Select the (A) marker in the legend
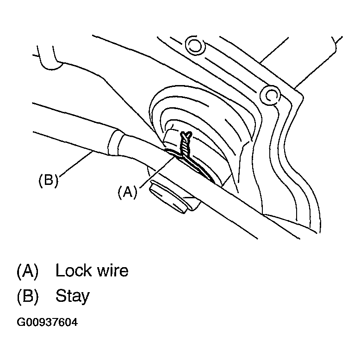point(28,270)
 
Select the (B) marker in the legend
point(28,296)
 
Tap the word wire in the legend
point(111,270)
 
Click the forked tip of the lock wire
point(187,135)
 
